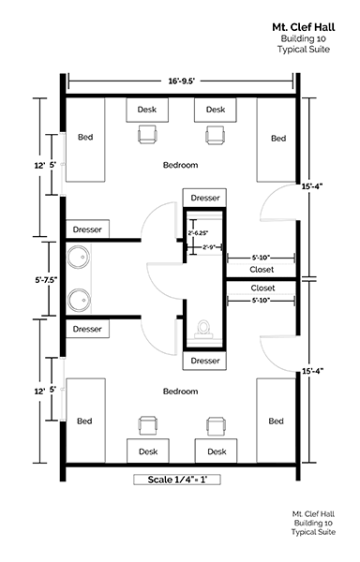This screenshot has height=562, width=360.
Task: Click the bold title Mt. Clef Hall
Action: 304,27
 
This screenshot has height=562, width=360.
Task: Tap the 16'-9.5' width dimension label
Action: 182,81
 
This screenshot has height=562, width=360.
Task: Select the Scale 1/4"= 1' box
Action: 177,480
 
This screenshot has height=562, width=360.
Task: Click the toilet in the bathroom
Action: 203,330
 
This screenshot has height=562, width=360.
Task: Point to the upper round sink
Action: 79,257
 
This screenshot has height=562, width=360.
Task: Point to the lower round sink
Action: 80,300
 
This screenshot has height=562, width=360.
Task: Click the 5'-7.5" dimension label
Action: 47,280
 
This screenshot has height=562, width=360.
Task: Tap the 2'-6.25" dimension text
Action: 198,233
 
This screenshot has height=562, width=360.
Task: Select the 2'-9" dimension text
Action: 209,247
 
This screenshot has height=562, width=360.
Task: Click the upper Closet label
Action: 262,269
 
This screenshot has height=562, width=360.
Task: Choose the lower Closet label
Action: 262,288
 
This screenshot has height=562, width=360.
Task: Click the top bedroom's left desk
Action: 147,110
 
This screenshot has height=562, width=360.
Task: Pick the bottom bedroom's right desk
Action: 217,451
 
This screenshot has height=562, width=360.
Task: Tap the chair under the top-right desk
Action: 216,135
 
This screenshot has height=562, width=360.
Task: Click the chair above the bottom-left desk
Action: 148,425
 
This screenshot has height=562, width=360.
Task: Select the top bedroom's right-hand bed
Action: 277,140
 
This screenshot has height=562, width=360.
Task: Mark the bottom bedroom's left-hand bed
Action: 85,421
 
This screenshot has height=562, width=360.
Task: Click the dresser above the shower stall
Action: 204,198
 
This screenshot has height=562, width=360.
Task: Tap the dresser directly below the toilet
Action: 204,361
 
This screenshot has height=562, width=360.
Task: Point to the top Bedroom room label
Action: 180,165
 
